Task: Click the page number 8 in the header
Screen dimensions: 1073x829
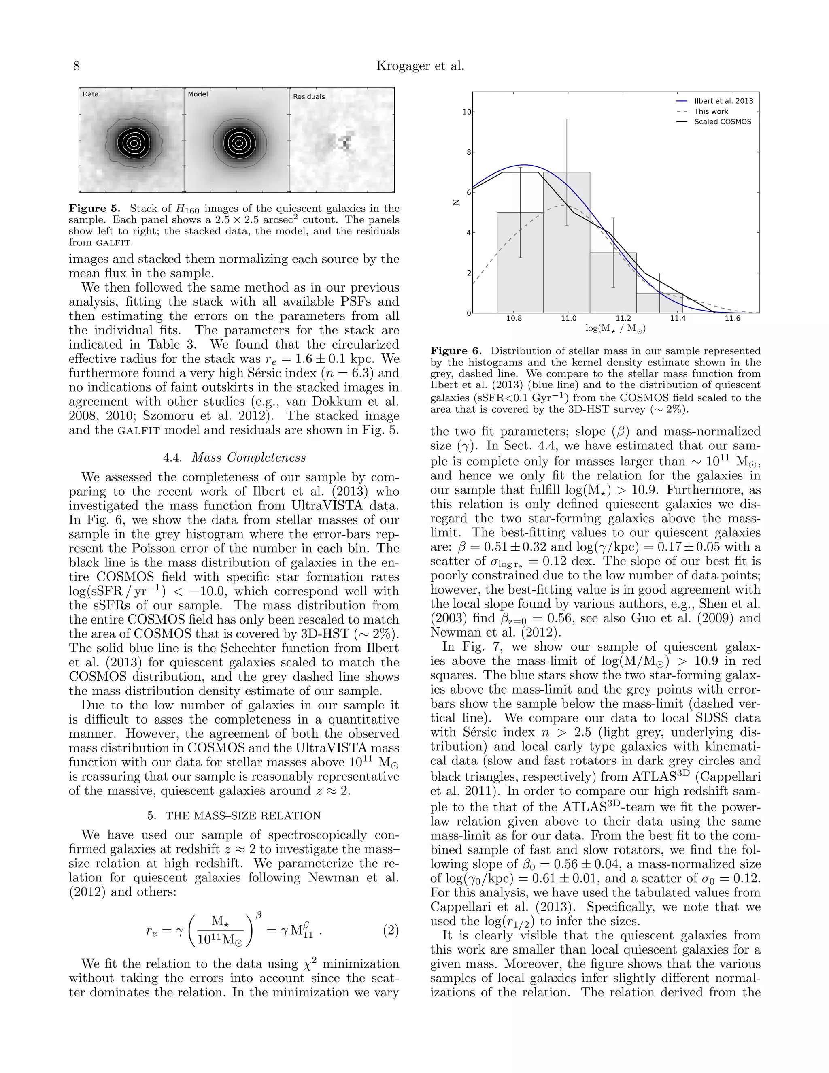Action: pos(77,66)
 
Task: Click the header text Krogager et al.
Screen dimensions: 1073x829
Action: pos(420,66)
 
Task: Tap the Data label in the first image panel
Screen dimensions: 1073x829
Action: pos(90,94)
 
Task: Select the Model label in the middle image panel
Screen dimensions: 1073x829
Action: pos(198,94)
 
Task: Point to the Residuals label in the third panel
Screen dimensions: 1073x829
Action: pos(309,97)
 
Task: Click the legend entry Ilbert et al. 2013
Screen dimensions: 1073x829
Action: pos(723,101)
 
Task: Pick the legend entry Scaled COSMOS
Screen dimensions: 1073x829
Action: pos(722,122)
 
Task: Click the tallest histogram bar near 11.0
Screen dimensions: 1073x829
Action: pos(566,246)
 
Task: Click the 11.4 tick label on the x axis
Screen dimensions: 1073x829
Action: pos(677,319)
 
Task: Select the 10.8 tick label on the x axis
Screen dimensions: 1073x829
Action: pos(514,319)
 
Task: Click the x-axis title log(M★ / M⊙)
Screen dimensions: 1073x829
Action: pos(615,329)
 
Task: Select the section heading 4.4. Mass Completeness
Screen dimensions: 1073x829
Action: pos(234,458)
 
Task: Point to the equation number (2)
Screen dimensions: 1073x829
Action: pos(391,930)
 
